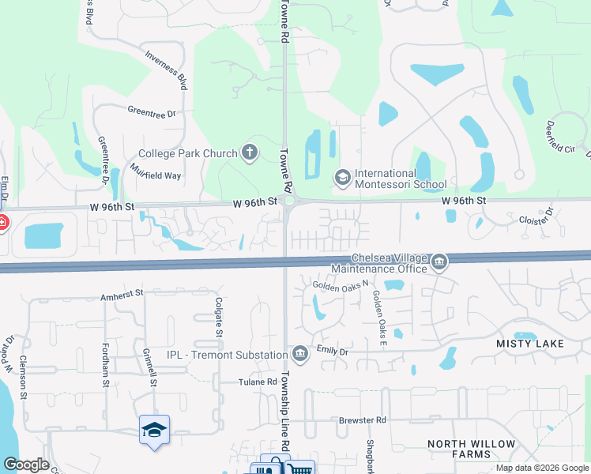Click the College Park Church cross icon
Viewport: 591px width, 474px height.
point(250,152)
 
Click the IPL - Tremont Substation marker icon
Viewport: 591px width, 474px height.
point(299,352)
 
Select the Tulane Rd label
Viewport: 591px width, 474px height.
point(258,382)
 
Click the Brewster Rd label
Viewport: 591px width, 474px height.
point(364,420)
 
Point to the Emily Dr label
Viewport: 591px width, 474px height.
point(333,351)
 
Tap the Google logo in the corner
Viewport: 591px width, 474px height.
point(26,464)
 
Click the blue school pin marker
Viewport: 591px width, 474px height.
point(154,430)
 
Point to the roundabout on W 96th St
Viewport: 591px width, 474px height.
point(290,202)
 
